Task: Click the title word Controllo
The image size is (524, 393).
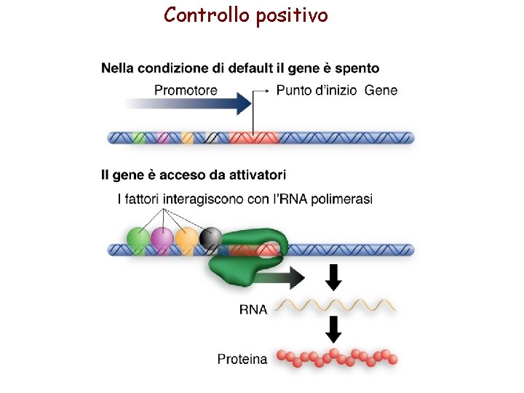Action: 207,15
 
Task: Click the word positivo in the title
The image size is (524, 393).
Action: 292,15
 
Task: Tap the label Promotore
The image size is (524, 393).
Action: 186,90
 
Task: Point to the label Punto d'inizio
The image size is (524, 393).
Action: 317,90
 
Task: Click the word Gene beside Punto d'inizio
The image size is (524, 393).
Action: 381,90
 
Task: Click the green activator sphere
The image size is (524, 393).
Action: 138,238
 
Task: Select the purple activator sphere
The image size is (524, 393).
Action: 162,238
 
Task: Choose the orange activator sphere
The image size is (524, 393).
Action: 187,238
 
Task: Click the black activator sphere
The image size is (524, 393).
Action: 210,237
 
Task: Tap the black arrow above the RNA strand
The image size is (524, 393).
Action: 333,277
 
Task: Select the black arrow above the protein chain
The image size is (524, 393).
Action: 333,328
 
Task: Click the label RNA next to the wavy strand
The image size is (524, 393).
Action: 253,309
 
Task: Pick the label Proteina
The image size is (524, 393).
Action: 242,359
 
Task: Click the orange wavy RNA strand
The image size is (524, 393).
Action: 336,306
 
